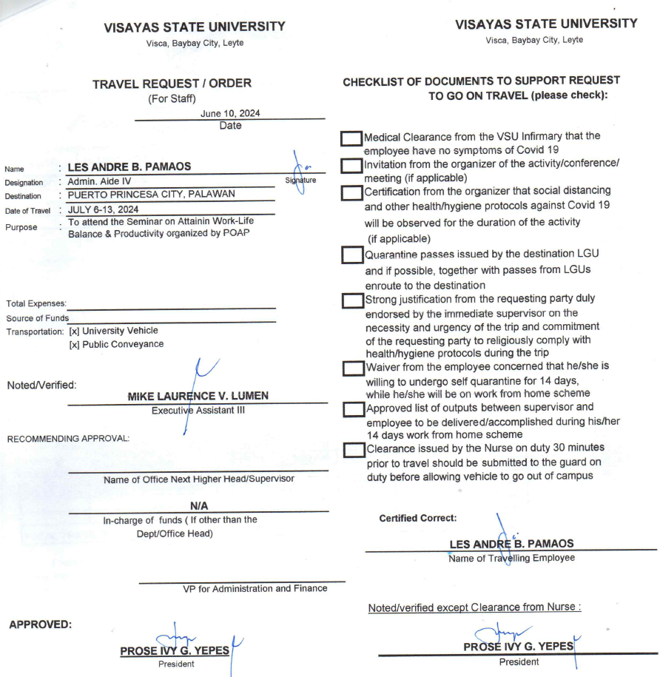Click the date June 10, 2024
pyautogui.click(x=230, y=113)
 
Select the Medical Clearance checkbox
pyautogui.click(x=351, y=139)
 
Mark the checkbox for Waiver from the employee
pyautogui.click(x=354, y=368)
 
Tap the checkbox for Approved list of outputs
pyautogui.click(x=354, y=409)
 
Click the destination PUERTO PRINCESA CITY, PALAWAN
pyautogui.click(x=151, y=195)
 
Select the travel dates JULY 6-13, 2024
pyautogui.click(x=102, y=209)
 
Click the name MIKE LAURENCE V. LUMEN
pyautogui.click(x=198, y=397)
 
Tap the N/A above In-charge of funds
pyautogui.click(x=198, y=505)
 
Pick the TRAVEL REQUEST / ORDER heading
pyautogui.click(x=172, y=84)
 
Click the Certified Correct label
pyautogui.click(x=417, y=518)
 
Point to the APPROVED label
pyautogui.click(x=40, y=625)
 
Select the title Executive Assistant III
pyautogui.click(x=198, y=410)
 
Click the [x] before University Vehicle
pyautogui.click(x=74, y=331)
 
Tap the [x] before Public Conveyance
pyautogui.click(x=74, y=344)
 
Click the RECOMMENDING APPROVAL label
pyautogui.click(x=68, y=439)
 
